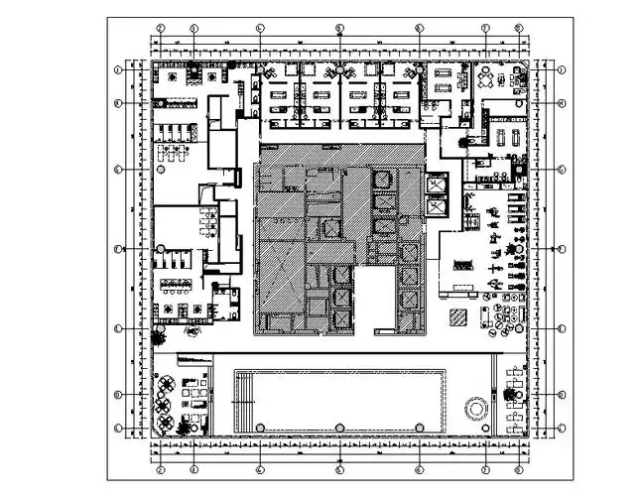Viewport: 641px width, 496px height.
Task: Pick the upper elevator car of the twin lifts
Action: tap(435, 185)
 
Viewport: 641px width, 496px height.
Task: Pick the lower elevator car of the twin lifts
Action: tap(435, 208)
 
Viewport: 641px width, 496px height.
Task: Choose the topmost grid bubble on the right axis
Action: tap(561, 69)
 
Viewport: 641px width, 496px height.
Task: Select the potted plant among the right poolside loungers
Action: tap(511, 395)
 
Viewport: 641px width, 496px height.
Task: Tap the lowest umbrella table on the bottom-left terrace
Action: tap(164, 426)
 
